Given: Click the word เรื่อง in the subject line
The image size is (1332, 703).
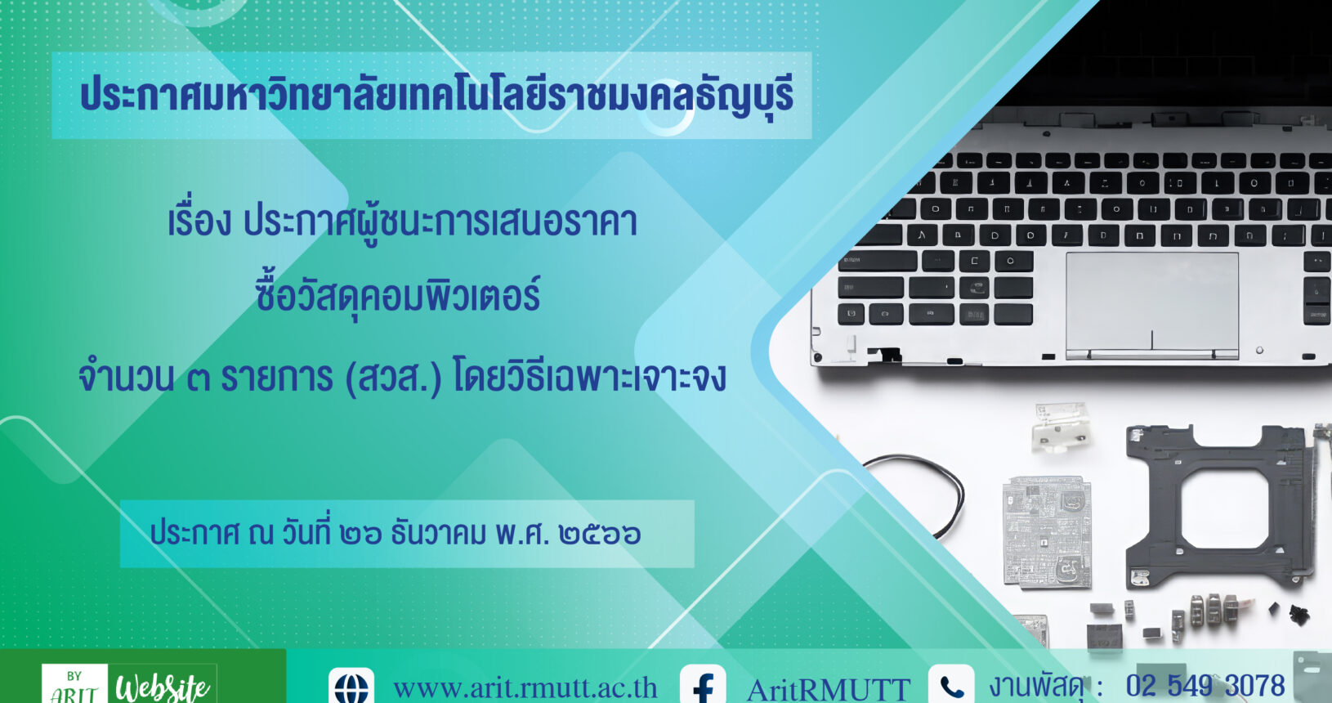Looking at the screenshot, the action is (199, 222).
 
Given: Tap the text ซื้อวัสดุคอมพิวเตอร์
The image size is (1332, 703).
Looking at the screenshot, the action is (398, 296).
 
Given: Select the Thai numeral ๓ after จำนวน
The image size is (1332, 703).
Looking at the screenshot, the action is (199, 381).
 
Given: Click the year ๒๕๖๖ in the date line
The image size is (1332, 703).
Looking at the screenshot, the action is (600, 534).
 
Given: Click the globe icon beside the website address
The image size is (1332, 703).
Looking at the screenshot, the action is (351, 687).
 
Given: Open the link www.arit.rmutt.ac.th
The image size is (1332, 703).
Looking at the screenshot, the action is (525, 688).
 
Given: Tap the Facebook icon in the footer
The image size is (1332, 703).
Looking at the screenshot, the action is (703, 686).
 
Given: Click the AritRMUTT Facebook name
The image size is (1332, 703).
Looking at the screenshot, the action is (829, 690).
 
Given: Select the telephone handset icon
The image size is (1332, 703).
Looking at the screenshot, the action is (951, 686).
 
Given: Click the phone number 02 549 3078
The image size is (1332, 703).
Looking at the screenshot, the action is (1205, 686).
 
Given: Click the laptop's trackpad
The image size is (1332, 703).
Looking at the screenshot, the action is (1152, 306).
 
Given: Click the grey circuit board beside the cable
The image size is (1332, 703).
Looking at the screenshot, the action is (1047, 532).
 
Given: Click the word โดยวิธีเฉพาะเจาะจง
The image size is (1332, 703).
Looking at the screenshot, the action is (589, 378).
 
